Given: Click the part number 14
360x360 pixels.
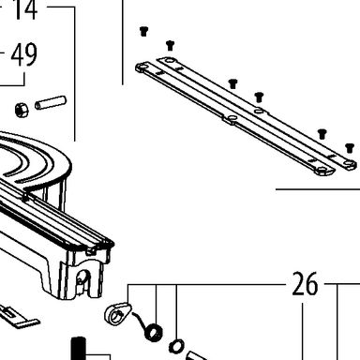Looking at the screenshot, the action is [x=24, y=9].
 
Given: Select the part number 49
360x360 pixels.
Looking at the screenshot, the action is [x=24, y=54].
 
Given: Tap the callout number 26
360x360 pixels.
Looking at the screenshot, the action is [x=305, y=284].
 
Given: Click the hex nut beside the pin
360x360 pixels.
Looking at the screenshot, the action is [x=22, y=110].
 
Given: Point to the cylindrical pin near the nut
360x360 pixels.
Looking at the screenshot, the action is [x=51, y=103].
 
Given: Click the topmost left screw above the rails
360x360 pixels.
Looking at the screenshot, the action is [x=143, y=32].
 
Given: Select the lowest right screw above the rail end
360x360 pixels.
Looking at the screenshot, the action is [x=350, y=148].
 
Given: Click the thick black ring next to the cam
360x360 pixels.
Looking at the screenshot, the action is [x=155, y=333].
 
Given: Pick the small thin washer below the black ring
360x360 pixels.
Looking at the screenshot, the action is [x=176, y=346].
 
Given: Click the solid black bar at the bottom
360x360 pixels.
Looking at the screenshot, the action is [x=79, y=349].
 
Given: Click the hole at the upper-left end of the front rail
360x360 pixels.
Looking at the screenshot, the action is [x=142, y=67].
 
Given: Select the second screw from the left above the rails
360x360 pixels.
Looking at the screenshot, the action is [x=170, y=46].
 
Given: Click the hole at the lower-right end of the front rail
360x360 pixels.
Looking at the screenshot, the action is [x=322, y=170].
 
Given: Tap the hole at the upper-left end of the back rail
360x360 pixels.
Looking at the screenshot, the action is [x=169, y=60].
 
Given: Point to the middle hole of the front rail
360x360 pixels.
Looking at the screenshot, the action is [x=232, y=117].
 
